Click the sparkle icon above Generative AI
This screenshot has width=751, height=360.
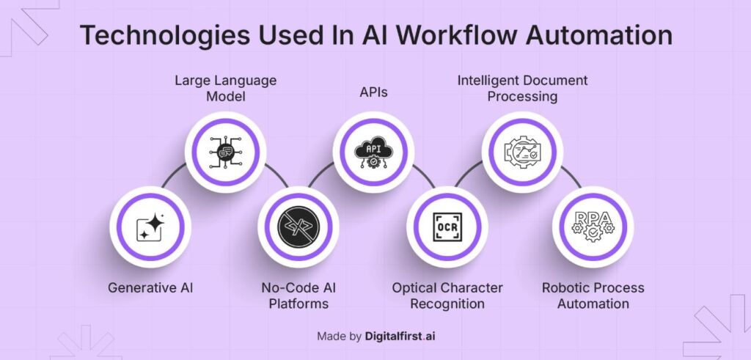click(150, 227)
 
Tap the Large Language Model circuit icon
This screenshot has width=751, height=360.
click(225, 153)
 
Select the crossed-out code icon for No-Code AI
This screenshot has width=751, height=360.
click(298, 227)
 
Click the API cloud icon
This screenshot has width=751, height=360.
click(373, 153)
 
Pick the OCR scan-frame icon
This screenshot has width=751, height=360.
click(447, 227)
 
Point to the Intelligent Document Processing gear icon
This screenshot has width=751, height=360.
click(522, 153)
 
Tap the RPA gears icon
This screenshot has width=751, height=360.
click(593, 227)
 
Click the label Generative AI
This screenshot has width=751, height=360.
click(150, 287)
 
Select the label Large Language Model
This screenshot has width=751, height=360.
click(226, 88)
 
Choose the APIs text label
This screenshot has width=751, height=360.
click(373, 92)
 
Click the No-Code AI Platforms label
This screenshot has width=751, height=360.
click(298, 295)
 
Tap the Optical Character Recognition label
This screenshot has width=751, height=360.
click(447, 295)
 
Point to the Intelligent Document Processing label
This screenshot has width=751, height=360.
click(522, 88)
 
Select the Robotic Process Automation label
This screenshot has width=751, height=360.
click(593, 295)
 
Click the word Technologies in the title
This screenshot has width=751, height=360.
click(164, 36)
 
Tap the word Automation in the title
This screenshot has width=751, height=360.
click(598, 35)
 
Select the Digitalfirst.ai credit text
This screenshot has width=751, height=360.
click(400, 336)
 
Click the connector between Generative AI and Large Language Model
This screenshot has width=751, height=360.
click(173, 175)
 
